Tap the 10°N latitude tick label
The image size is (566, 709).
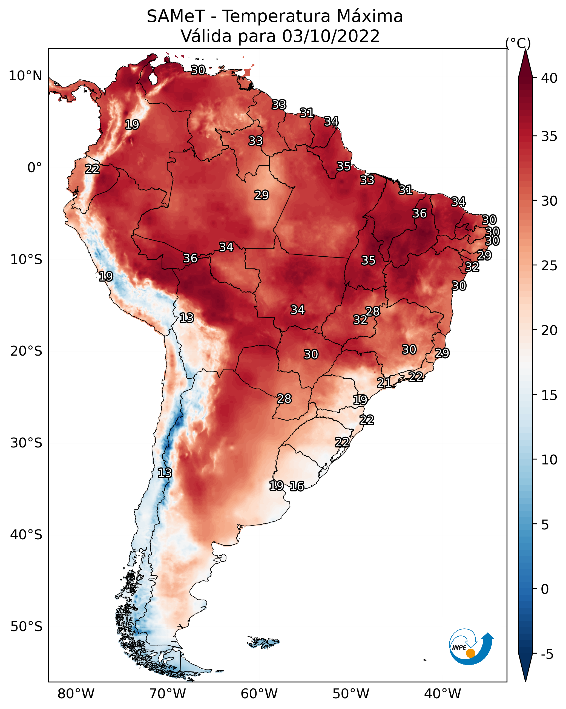[x=25, y=76]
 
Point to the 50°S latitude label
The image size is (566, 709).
[x=26, y=627]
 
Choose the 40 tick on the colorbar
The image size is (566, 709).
[x=549, y=78]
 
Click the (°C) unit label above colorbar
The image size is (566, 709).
[x=518, y=43]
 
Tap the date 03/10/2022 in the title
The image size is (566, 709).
[x=331, y=36]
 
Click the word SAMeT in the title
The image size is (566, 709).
[x=176, y=16]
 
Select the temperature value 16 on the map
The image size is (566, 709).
[x=297, y=486]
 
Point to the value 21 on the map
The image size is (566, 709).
[x=384, y=382]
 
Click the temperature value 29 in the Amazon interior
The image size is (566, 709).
[x=262, y=195]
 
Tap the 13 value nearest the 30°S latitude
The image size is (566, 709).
[x=165, y=473]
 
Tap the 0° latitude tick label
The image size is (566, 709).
[x=35, y=168]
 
